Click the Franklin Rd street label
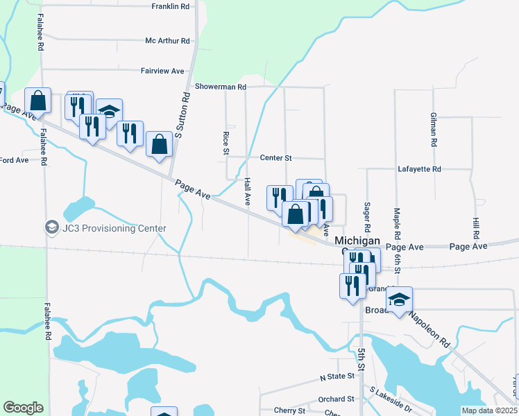coord(170,6)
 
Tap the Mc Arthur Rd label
coord(167,41)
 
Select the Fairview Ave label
coord(162,71)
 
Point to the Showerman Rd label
coord(221,87)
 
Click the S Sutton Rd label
coord(187,114)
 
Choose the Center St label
coord(275,158)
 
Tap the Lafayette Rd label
coord(419,168)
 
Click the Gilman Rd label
coord(433,129)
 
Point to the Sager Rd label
coord(367,218)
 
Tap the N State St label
coord(337,376)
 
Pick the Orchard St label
coord(337,399)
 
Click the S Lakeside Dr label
coord(390,400)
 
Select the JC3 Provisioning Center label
coord(114,228)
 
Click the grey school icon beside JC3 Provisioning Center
coord(51,227)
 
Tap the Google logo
coord(23,408)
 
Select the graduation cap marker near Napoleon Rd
coord(399,300)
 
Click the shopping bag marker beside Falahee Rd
coord(38,101)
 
